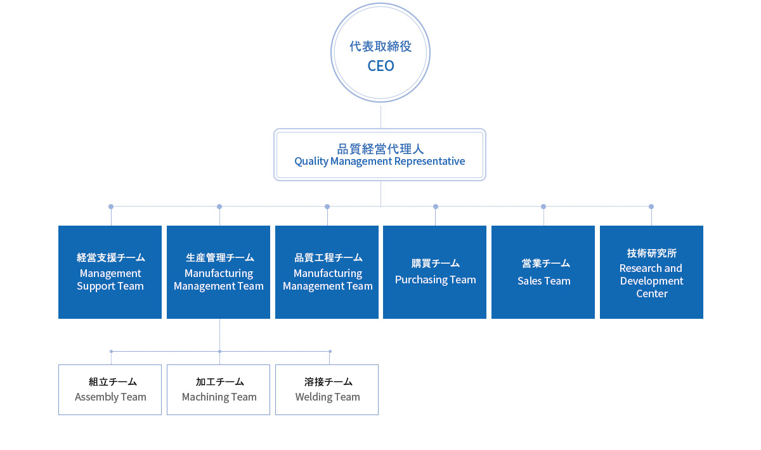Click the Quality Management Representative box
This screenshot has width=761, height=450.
tap(380, 155)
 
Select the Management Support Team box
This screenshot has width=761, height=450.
tap(110, 272)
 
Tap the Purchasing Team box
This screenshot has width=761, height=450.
tap(434, 272)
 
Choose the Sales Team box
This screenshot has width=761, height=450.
tap(543, 272)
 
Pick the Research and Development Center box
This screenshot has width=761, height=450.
tap(651, 272)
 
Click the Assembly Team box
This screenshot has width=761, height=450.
tap(110, 390)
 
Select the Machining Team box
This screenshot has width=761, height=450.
tap(218, 390)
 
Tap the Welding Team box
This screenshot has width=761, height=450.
tap(327, 390)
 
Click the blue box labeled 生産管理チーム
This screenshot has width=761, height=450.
tap(218, 272)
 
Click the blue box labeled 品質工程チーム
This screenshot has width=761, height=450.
tap(327, 272)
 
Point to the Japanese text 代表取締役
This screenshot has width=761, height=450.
tap(380, 46)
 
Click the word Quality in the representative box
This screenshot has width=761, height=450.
tap(311, 162)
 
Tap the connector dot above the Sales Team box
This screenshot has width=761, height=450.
tap(543, 207)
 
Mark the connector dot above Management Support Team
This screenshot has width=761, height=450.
tap(111, 207)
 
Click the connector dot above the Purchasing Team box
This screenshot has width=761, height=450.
tap(436, 207)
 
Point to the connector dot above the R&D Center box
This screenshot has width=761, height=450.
tap(651, 207)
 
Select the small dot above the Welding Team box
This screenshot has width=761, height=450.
tap(330, 352)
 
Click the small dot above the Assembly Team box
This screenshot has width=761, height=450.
tap(111, 352)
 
